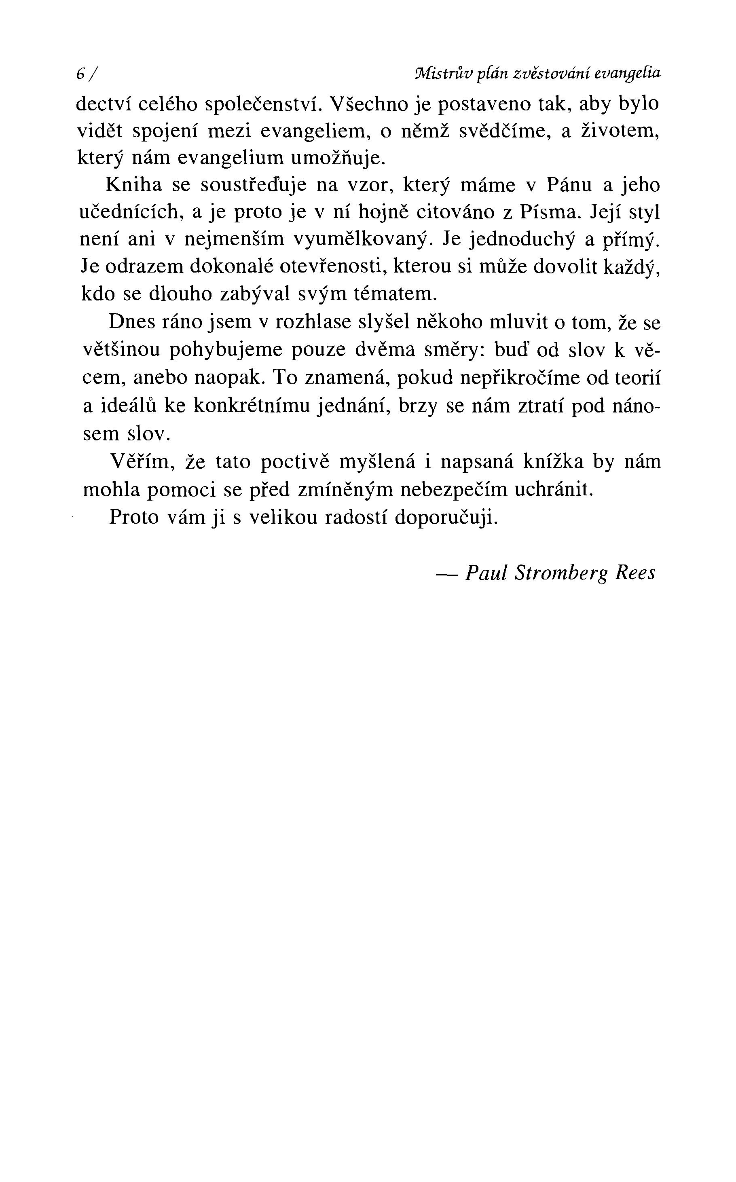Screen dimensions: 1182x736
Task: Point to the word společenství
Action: tap(261, 105)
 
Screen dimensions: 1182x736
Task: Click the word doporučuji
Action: tap(446, 517)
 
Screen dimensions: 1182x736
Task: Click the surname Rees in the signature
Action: tap(635, 573)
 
